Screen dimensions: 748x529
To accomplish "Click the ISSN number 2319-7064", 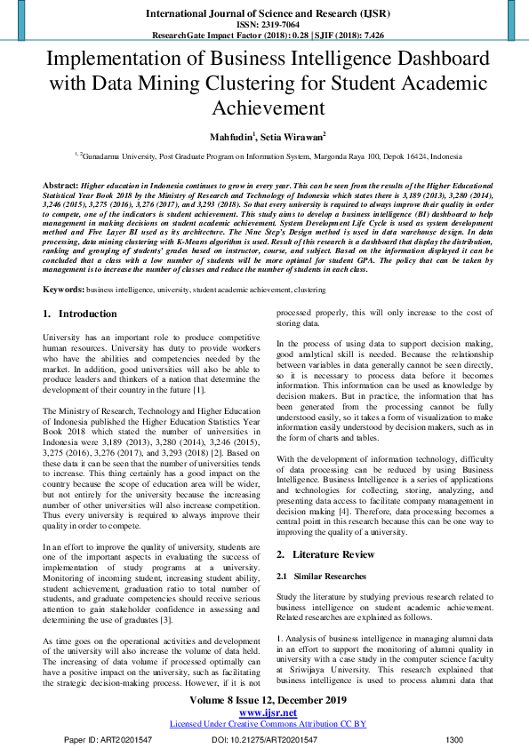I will coord(279,25).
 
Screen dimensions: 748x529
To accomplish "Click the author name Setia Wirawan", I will coord(294,136).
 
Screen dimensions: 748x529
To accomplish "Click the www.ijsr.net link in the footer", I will coord(268,712).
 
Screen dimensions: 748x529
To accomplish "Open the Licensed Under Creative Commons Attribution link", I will coord(268,724).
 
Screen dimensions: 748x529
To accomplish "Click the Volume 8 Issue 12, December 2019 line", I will coord(268,700).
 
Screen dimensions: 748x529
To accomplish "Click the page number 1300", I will coord(453,739).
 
